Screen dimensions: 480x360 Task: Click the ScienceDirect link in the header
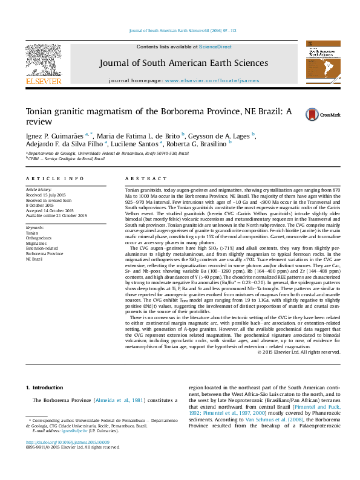215,47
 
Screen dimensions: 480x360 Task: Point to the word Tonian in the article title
41,111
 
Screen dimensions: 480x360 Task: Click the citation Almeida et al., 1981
128,400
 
